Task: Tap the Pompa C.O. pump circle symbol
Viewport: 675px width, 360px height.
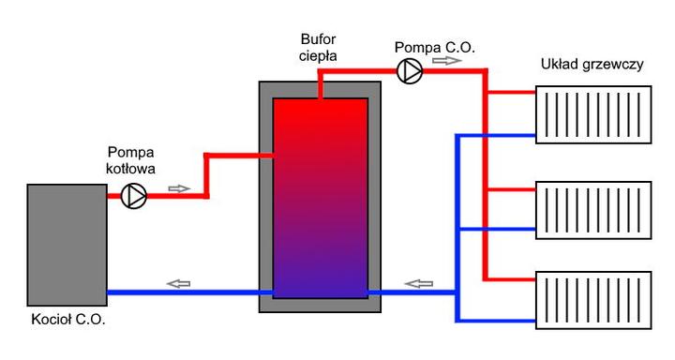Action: (x=409, y=71)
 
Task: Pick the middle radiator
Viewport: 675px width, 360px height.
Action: (x=592, y=208)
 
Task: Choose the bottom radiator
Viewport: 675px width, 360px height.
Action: (x=592, y=300)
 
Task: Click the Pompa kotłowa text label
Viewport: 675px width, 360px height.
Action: (x=131, y=160)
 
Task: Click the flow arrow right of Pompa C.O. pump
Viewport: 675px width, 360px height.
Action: (x=447, y=62)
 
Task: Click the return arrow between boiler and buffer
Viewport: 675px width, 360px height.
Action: (x=178, y=282)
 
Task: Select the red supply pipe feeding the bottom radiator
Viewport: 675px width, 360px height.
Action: (x=511, y=279)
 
